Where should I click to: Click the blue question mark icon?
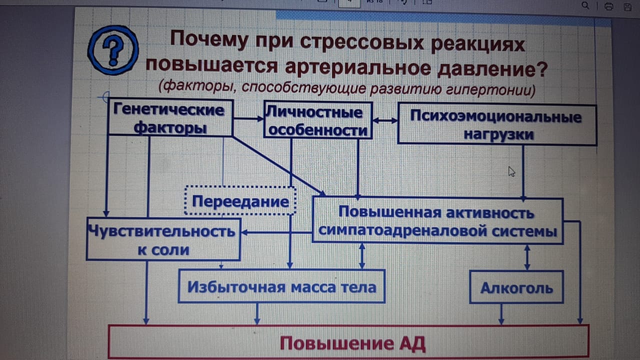[113, 50]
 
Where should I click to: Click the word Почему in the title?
[209, 39]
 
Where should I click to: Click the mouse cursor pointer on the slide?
[511, 171]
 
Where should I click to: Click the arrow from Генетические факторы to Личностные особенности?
[248, 118]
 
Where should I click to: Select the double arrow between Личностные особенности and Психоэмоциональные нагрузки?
[385, 120]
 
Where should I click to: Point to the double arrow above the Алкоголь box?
[527, 257]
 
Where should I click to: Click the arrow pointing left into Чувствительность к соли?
[276, 232]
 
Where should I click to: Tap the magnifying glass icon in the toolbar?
[585, 5]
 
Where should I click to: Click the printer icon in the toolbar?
[608, 6]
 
